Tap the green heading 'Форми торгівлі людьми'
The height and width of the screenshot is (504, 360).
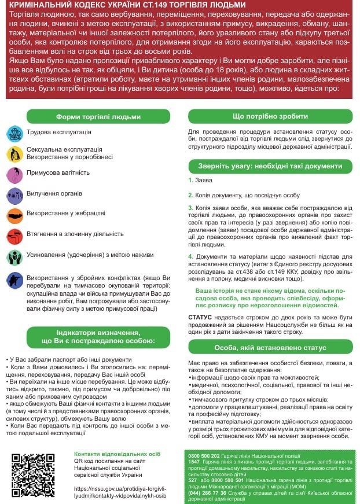click(x=98, y=117)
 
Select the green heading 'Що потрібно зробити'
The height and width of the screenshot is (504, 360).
click(x=270, y=117)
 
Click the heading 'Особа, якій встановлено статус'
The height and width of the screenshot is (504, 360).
click(x=270, y=347)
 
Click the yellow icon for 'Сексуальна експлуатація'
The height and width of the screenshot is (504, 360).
click(x=14, y=153)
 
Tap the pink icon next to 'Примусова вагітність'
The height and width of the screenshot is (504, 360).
click(x=14, y=174)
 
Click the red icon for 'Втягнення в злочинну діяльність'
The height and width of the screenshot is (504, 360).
click(x=14, y=236)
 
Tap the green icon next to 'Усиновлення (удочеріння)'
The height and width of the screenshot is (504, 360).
click(x=14, y=256)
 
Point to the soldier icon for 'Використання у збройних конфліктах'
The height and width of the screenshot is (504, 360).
click(x=14, y=280)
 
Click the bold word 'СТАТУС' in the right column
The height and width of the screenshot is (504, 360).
click(x=201, y=317)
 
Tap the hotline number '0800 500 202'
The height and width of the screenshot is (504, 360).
click(x=201, y=456)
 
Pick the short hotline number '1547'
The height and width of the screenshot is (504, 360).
click(x=194, y=462)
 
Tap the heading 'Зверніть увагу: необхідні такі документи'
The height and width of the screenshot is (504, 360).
click(x=270, y=166)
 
